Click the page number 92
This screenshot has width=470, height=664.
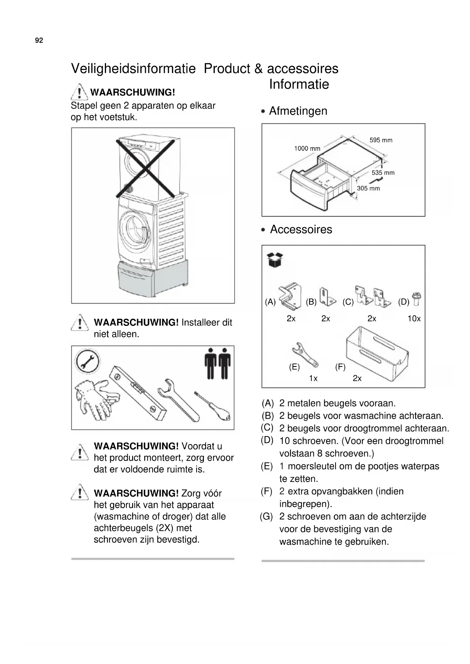coord(39,41)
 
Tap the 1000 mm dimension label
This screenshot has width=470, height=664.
coord(307,148)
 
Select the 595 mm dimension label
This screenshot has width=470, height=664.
coord(381,140)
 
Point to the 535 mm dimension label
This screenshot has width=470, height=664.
coord(383,173)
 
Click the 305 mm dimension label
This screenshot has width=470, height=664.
coord(368,188)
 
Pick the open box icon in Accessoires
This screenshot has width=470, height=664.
coord(275,260)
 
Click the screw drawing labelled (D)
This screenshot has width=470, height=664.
coord(417,299)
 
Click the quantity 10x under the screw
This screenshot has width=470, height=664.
coord(414,319)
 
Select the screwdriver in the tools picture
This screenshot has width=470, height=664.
coord(214,407)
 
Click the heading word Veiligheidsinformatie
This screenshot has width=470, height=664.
coord(133,69)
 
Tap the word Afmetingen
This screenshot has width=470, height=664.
coord(298,111)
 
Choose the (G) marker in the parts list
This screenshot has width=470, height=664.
coord(266,517)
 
